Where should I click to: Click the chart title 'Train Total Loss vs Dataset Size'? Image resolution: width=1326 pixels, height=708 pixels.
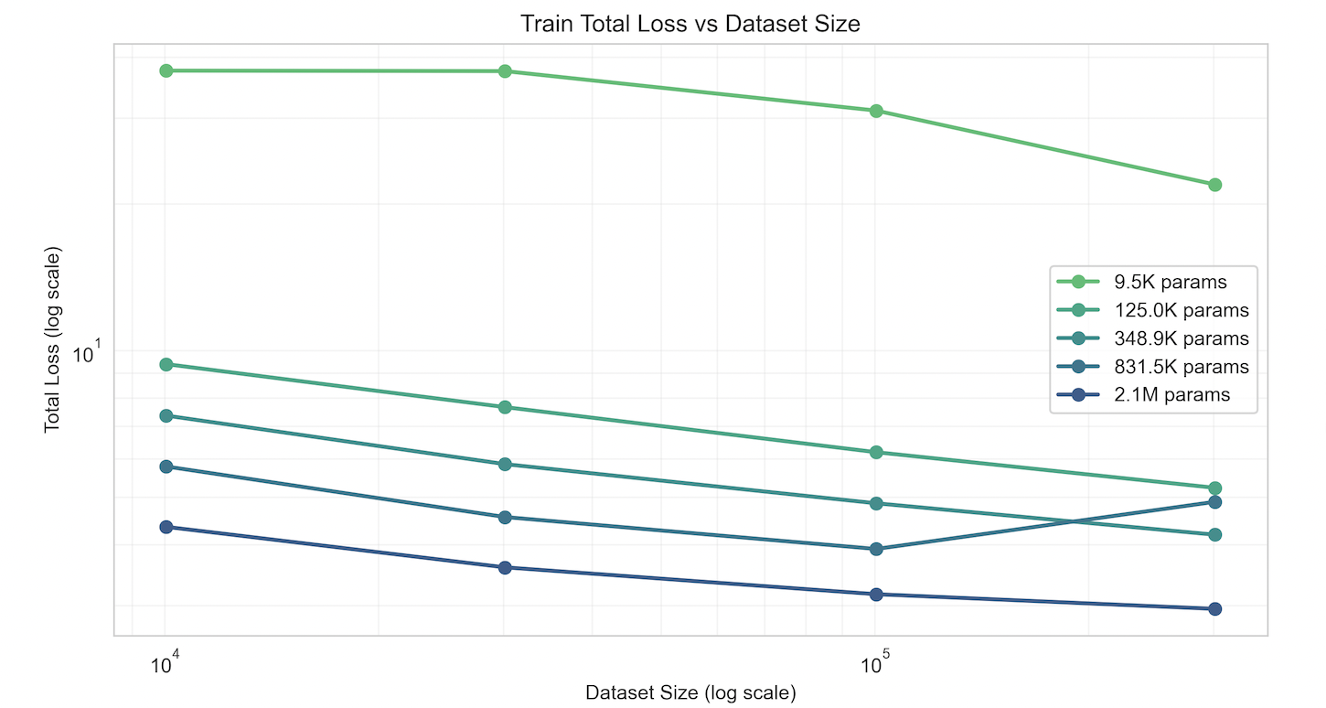(x=690, y=24)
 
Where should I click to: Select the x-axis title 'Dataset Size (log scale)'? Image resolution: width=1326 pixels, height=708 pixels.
(x=690, y=692)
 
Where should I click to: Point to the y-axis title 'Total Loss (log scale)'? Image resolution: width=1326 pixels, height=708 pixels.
(x=52, y=339)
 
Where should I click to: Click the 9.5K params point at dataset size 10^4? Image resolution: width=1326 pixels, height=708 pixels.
(x=166, y=70)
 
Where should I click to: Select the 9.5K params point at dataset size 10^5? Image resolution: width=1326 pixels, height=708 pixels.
(x=876, y=111)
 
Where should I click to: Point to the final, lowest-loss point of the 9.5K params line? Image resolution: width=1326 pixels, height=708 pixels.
(x=1214, y=185)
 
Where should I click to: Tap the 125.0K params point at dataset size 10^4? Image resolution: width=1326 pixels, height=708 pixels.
(x=166, y=364)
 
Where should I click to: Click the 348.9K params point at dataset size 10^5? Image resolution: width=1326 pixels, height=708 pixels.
(x=876, y=504)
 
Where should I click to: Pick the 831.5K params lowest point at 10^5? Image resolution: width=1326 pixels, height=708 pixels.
(x=876, y=549)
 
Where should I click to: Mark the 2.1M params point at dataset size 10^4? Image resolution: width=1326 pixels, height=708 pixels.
(x=166, y=527)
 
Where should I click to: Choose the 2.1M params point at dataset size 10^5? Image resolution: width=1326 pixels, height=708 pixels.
(x=876, y=595)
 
